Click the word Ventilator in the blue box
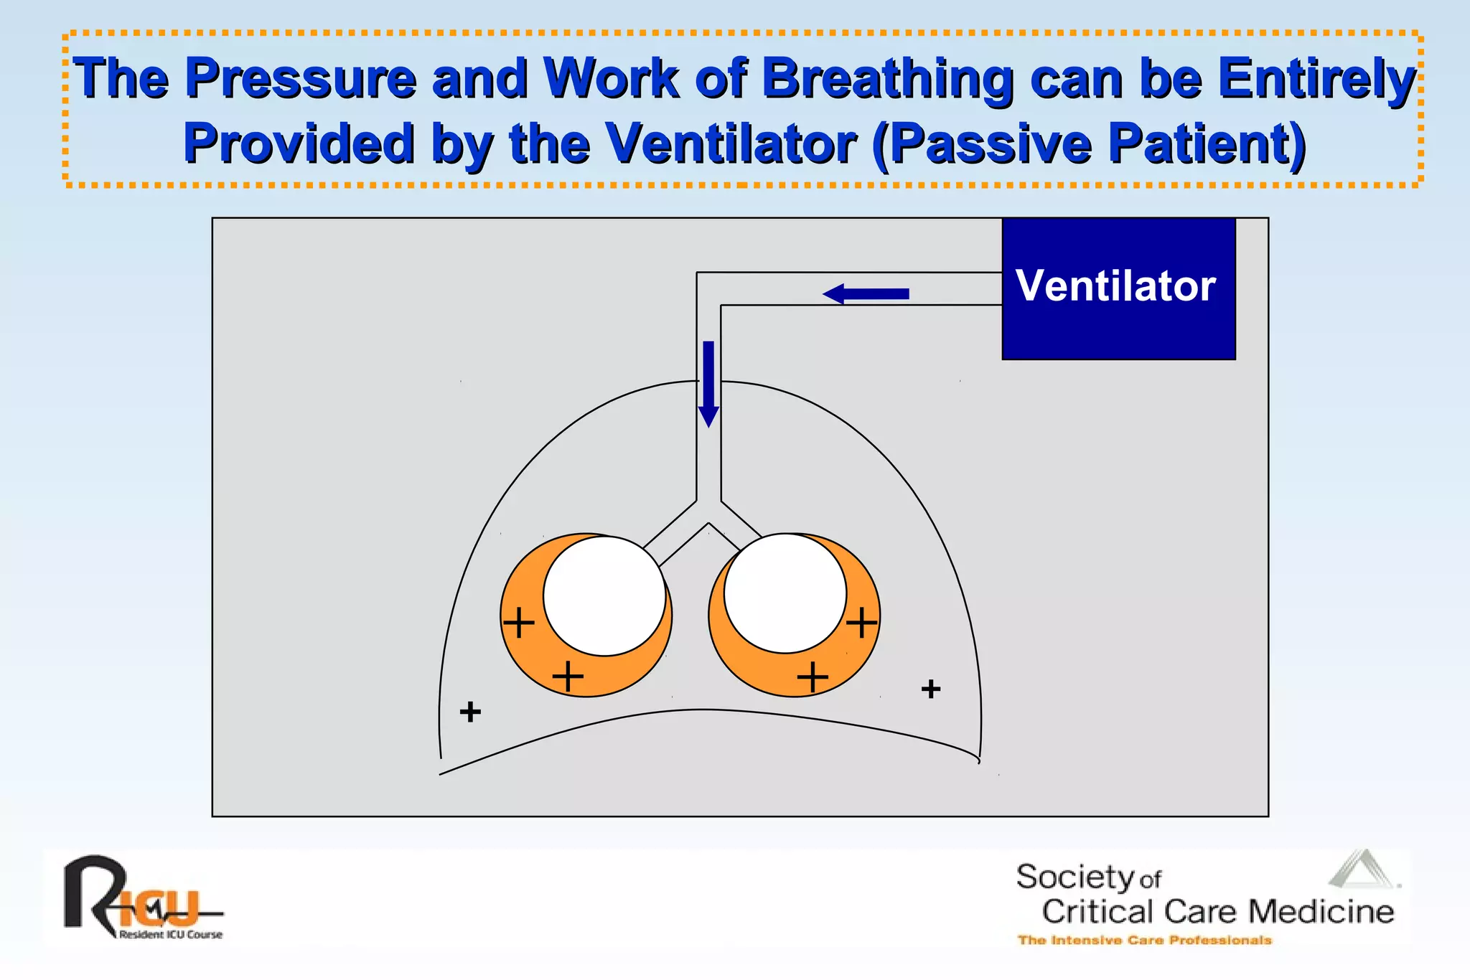(1115, 286)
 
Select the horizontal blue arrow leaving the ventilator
(866, 293)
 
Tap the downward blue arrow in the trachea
(708, 384)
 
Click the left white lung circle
(604, 596)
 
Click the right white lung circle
(785, 593)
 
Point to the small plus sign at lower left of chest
(470, 712)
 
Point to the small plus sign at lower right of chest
(931, 689)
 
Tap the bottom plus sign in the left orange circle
(568, 676)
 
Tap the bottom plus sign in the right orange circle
(813, 676)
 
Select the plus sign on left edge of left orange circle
(518, 622)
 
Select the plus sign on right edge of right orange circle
(861, 622)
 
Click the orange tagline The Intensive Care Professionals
(1144, 940)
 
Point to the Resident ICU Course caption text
(171, 934)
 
